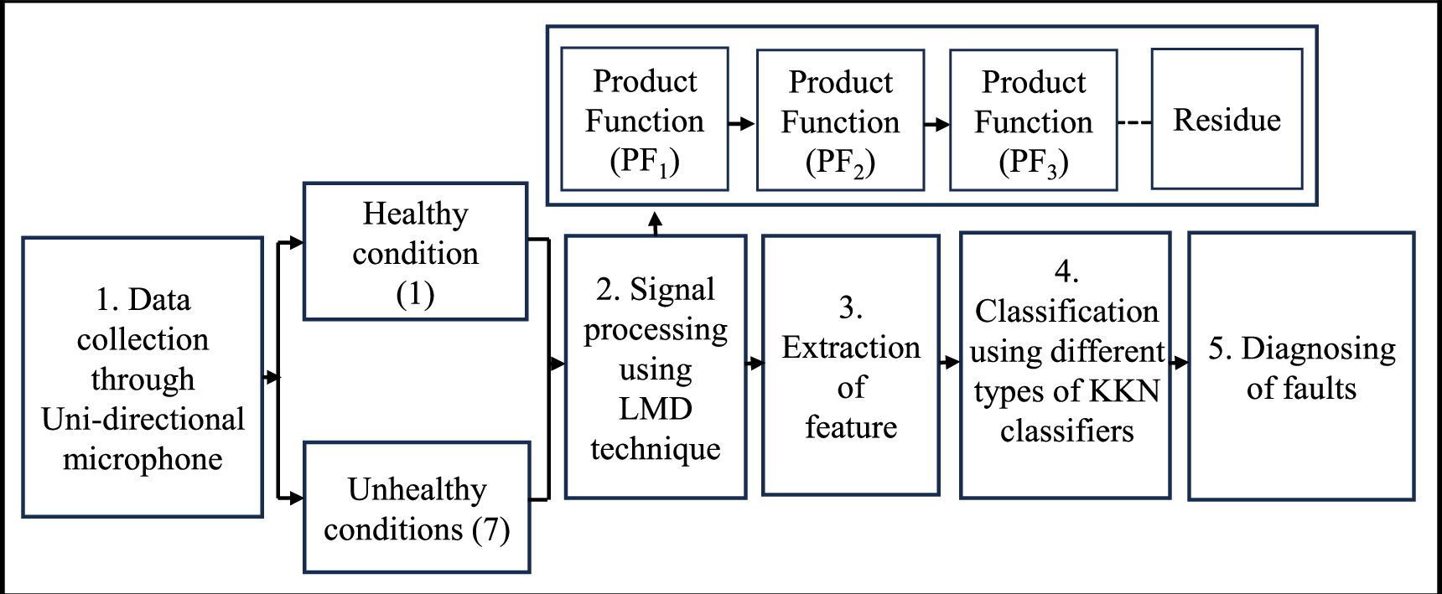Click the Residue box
1227,119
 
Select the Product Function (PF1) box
644,119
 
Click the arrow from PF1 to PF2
742,123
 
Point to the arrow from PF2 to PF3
936,124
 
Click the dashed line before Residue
1134,123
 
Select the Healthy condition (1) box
415,251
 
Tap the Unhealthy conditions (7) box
417,508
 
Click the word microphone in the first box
143,459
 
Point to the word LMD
655,409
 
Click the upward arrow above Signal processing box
655,223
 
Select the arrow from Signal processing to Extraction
755,363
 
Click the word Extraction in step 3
851,347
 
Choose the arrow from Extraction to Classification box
949,362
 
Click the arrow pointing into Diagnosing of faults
1180,362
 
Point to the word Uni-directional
143,419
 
